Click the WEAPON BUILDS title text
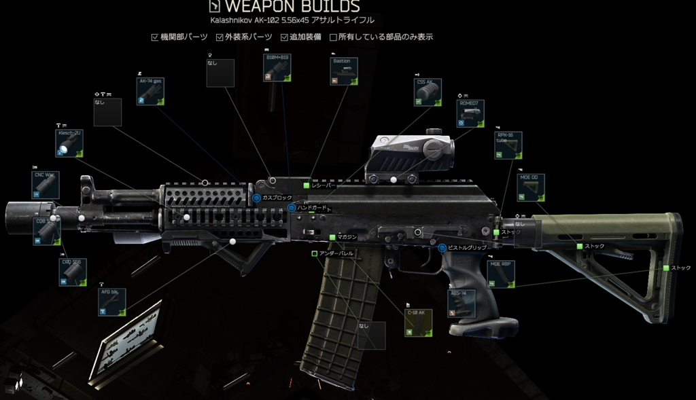pyautogui.click(x=292, y=7)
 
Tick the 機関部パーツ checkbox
pyautogui.click(x=155, y=37)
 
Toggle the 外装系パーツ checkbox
pyautogui.click(x=220, y=37)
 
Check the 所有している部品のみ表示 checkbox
pyautogui.click(x=333, y=37)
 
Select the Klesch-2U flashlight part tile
pyautogui.click(x=69, y=143)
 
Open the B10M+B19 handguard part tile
pyautogui.click(x=277, y=68)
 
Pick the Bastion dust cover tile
pyautogui.click(x=345, y=71)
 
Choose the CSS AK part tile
pyautogui.click(x=428, y=92)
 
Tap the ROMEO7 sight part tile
pyautogui.click(x=470, y=114)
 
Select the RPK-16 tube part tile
pyautogui.click(x=508, y=145)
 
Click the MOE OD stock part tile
pyautogui.click(x=531, y=187)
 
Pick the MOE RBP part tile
pyautogui.click(x=501, y=274)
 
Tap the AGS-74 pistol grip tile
pyautogui.click(x=461, y=304)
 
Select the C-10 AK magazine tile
pyautogui.click(x=419, y=323)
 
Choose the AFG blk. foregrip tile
pyautogui.click(x=112, y=302)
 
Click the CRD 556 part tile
pyautogui.click(x=73, y=272)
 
